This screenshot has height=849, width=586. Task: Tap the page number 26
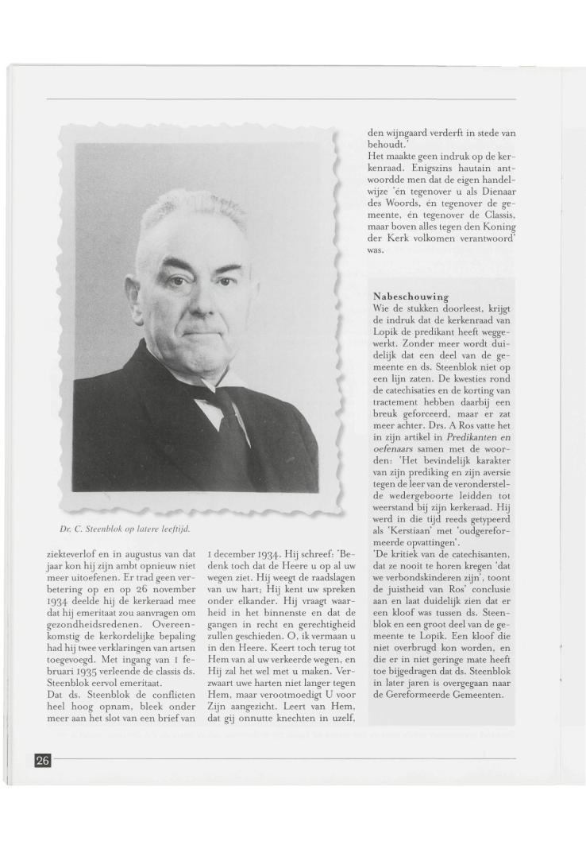[x=42, y=760]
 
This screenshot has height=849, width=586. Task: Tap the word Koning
[x=498, y=226]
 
